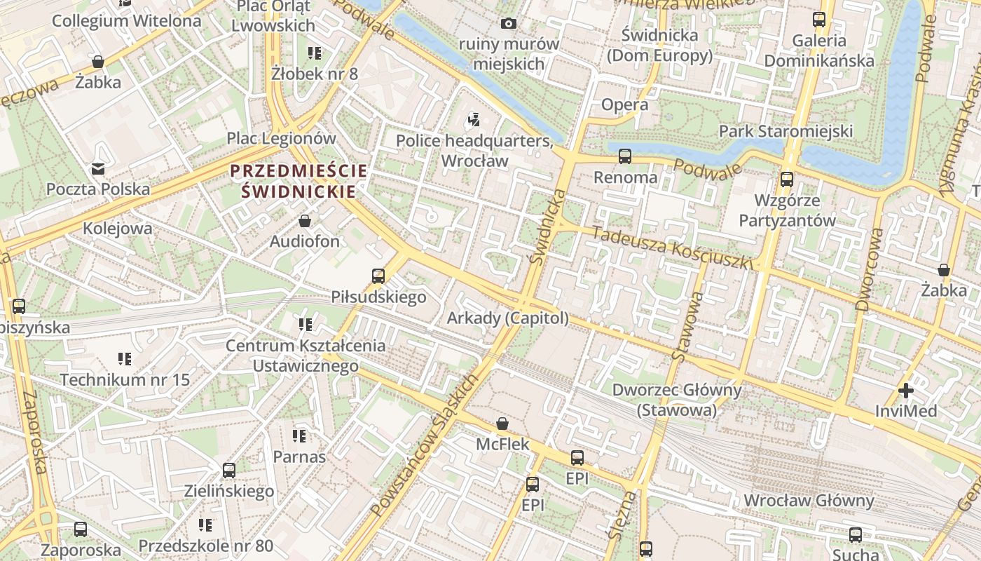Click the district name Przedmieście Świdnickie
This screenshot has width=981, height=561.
point(299,180)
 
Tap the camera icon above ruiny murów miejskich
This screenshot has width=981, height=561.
point(509,24)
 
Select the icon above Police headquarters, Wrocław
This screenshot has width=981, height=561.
point(474,120)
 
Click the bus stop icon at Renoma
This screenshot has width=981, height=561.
point(624,156)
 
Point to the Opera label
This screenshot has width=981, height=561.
point(624,105)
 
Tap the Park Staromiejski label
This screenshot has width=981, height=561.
point(786,131)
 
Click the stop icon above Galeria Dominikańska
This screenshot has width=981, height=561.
point(818,20)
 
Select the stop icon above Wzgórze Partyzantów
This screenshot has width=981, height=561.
point(787,180)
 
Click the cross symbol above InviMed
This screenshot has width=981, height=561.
point(905,391)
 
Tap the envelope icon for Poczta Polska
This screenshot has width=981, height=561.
point(97,169)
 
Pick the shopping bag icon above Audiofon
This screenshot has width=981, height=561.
point(305,222)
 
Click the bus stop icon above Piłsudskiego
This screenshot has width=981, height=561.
point(378,276)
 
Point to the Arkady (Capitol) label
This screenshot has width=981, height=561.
point(508,318)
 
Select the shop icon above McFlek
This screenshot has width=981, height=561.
point(502,424)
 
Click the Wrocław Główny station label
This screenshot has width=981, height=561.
point(809,501)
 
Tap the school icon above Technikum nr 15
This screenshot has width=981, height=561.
point(125,360)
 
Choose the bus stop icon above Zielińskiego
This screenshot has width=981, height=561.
point(229,471)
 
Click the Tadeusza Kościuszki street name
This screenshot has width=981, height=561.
point(671,248)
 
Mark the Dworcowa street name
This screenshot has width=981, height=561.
point(868,260)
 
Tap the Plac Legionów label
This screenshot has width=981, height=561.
point(282,138)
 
